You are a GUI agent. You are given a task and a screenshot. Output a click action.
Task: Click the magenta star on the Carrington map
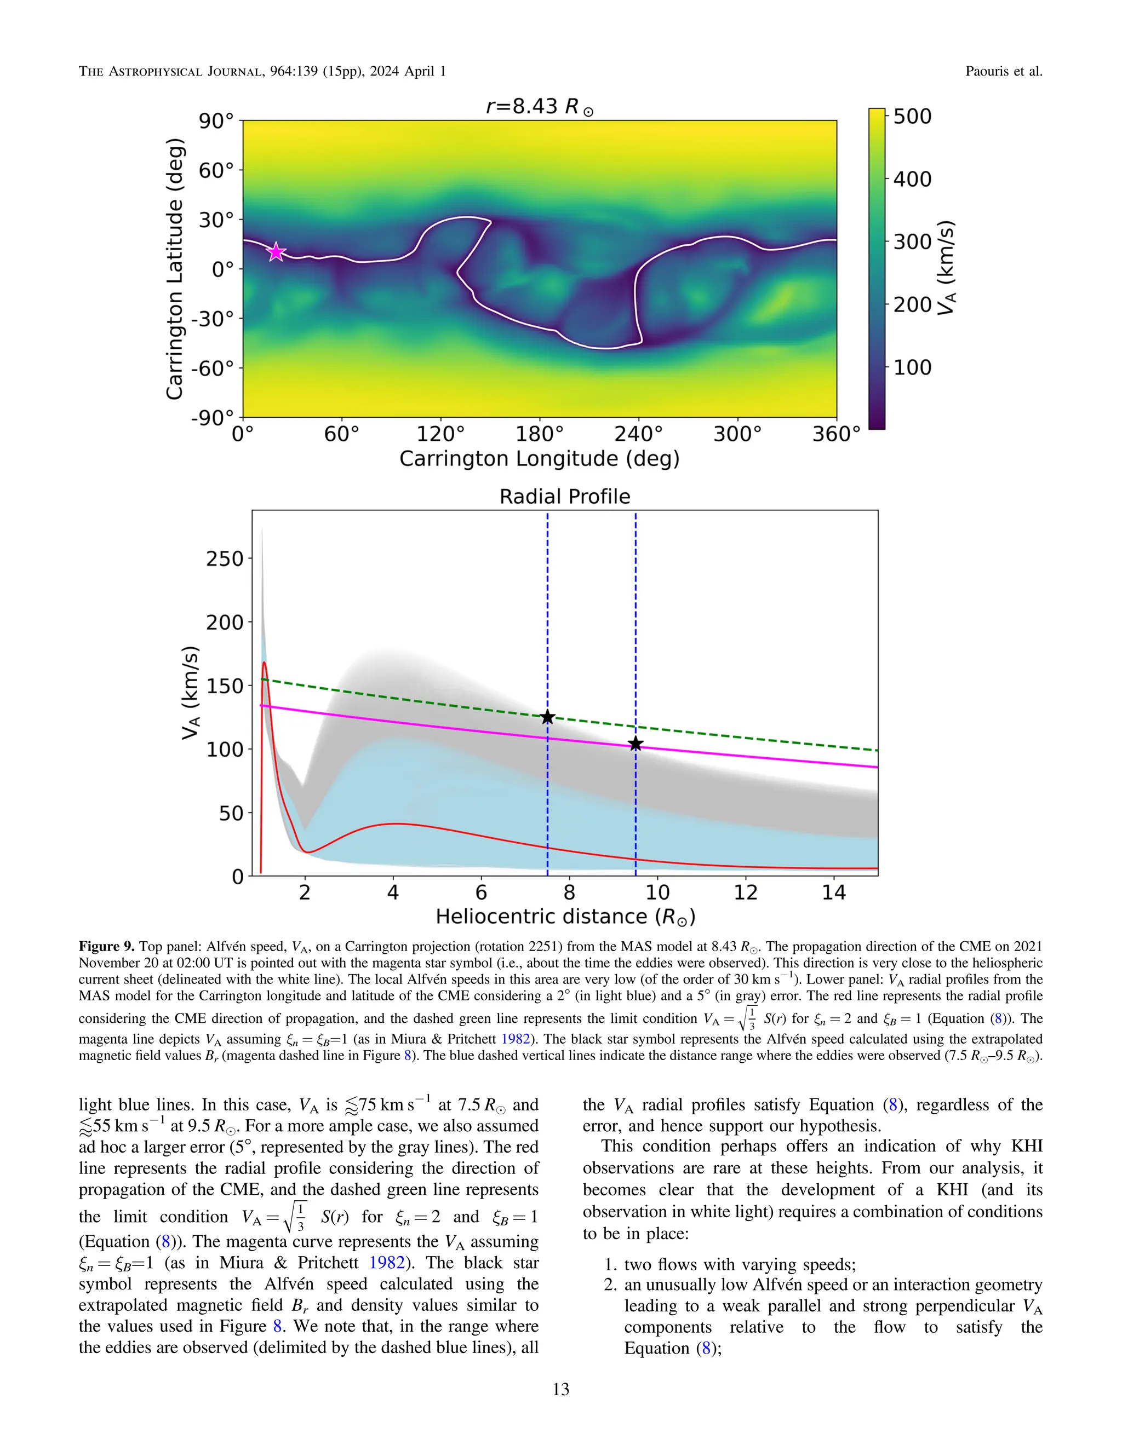click(x=276, y=252)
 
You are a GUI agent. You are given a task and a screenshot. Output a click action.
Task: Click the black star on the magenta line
click(x=636, y=744)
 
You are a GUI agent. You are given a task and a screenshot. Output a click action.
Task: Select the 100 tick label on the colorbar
click(x=912, y=367)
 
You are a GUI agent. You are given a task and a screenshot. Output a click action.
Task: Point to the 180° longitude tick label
click(x=539, y=435)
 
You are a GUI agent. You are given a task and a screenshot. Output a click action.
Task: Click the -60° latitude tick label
click(x=213, y=368)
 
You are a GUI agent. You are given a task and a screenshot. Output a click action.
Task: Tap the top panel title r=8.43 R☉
click(x=539, y=106)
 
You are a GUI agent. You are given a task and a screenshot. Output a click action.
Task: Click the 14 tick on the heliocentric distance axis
click(x=833, y=893)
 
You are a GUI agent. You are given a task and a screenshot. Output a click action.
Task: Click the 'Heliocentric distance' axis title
click(x=564, y=917)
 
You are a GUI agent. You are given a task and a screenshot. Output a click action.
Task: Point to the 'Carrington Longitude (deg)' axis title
click(x=539, y=459)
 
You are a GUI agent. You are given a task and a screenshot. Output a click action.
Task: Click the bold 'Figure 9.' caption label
click(x=106, y=946)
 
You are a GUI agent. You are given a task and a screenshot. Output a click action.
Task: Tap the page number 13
click(x=560, y=1389)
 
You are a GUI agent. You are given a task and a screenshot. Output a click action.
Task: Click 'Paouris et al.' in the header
click(x=1003, y=71)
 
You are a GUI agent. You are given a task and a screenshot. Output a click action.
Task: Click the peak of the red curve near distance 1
click(x=265, y=663)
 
